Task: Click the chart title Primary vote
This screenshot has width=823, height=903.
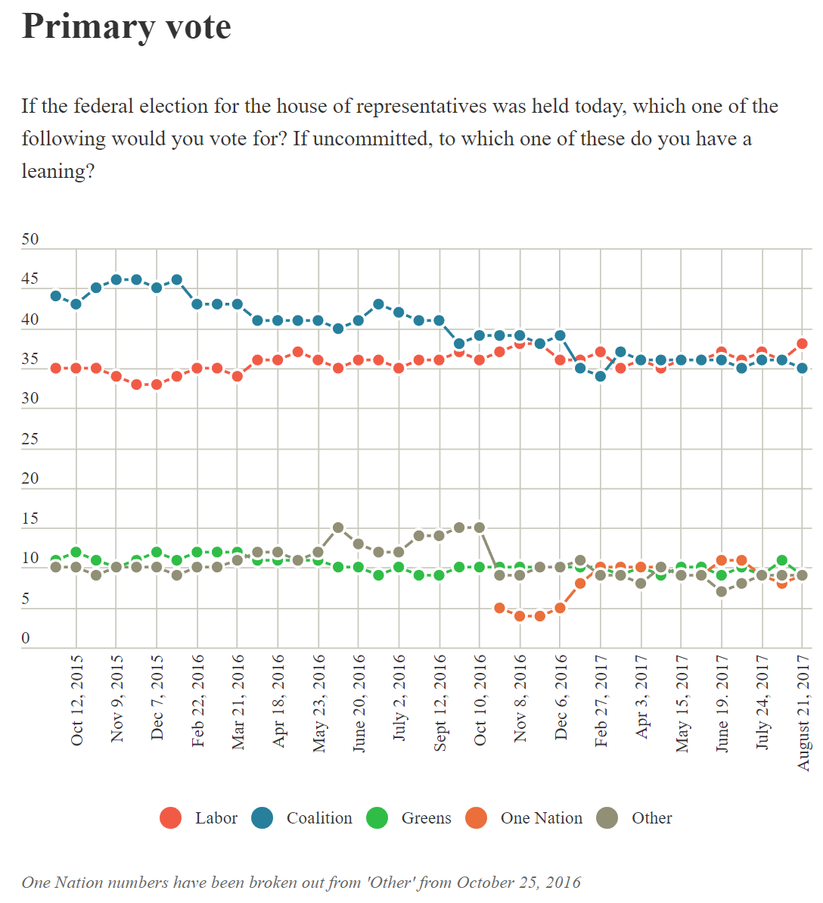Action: (126, 26)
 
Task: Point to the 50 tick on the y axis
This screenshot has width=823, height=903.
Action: (30, 239)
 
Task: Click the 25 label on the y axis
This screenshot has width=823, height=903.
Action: (30, 439)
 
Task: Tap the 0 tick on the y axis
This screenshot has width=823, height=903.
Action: (26, 638)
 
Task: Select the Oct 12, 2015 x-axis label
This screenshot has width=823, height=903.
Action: (76, 701)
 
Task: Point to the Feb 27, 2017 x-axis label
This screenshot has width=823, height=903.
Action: (601, 701)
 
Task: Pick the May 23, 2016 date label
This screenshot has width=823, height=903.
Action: (318, 704)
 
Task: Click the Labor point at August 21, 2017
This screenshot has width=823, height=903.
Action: (803, 344)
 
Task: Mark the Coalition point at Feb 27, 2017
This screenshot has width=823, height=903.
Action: (601, 376)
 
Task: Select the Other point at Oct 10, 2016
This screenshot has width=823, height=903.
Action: (480, 528)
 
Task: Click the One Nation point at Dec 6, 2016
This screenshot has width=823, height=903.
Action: (561, 608)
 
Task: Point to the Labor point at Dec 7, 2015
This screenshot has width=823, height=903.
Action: (157, 385)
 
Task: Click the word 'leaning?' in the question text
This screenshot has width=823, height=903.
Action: (57, 171)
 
